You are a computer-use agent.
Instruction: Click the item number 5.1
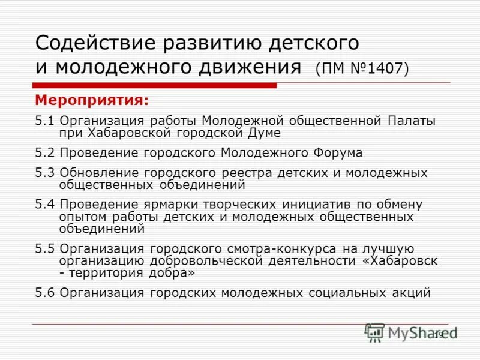coord(44,121)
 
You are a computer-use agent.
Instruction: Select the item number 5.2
coord(44,152)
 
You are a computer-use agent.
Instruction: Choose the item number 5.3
coord(44,173)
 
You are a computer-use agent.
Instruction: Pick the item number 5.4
coord(44,205)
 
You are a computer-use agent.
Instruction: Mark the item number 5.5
coord(44,248)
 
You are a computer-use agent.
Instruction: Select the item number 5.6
coord(44,293)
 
